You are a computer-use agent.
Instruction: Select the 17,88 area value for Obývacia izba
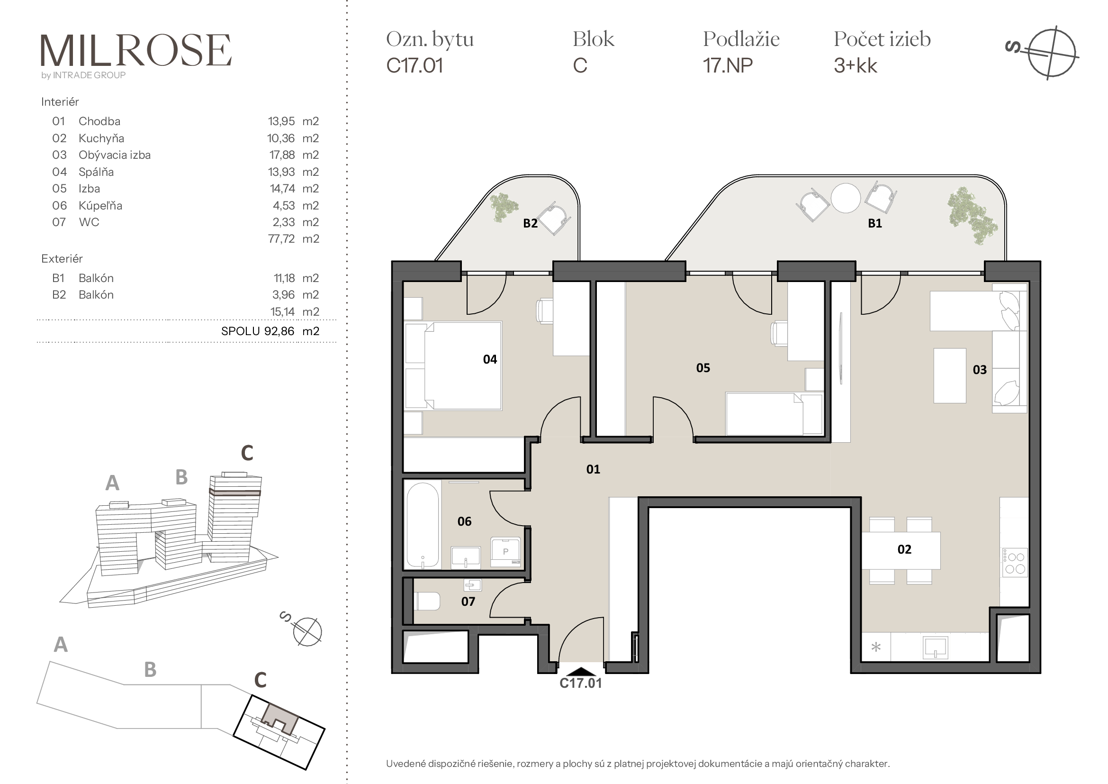point(282,155)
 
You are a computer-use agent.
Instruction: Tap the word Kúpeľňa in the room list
point(100,206)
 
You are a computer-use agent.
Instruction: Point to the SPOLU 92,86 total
point(258,331)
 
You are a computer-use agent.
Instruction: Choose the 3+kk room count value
point(855,66)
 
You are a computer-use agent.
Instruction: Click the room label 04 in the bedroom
point(490,359)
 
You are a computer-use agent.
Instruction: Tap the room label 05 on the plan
point(703,368)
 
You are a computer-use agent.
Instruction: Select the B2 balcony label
point(531,223)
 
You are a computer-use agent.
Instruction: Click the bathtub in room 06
point(423,525)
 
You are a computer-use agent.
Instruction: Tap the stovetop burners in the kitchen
point(1015,563)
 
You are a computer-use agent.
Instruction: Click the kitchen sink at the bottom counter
point(935,647)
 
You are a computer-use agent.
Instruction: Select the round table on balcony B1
point(846,198)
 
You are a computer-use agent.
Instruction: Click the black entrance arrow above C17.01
point(581,672)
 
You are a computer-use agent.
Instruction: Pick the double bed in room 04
point(453,366)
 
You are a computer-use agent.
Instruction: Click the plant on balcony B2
point(503,207)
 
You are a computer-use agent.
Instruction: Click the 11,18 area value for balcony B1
point(284,278)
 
